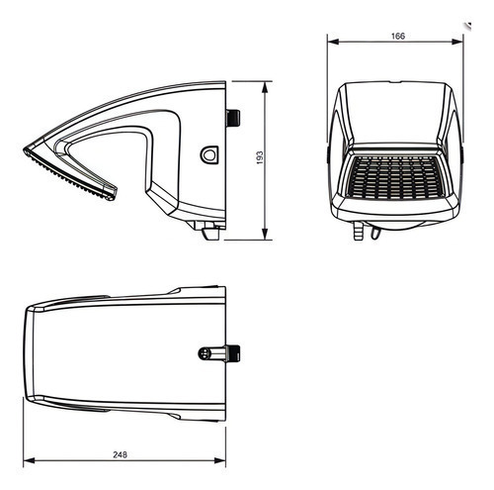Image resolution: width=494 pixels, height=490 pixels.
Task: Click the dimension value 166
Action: point(398,36)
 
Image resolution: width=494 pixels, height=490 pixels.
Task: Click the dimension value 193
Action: point(260,158)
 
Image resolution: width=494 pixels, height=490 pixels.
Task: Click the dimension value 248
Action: point(120,454)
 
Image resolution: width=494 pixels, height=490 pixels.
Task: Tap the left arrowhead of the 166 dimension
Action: point(333,42)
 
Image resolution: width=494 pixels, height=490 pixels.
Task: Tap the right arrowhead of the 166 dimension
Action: point(457,42)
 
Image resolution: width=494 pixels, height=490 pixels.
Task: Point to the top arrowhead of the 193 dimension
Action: point(265,87)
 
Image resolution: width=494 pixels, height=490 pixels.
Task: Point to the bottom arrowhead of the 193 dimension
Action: point(265,234)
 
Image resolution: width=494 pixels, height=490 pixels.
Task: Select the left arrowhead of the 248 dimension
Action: point(30,460)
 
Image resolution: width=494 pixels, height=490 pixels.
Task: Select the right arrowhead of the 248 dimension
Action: point(219,460)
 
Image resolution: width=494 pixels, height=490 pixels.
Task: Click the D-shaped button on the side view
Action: point(209,154)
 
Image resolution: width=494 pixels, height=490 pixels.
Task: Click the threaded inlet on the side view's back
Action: point(233,119)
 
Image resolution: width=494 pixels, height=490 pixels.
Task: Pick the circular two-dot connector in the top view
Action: point(204,353)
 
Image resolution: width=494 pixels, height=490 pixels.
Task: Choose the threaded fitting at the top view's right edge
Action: point(232,353)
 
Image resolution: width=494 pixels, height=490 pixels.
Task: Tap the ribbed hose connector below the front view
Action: point(358,231)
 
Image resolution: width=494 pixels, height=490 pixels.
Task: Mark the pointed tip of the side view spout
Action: point(24,150)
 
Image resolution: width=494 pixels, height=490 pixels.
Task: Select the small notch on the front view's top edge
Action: point(395,82)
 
